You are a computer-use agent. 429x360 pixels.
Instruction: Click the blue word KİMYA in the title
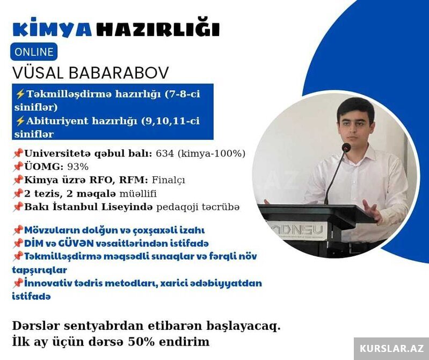(x=52, y=27)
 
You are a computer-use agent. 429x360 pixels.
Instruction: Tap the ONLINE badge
(x=34, y=52)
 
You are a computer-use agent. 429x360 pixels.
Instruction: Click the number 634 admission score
(x=165, y=154)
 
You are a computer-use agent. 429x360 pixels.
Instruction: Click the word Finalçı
(x=168, y=180)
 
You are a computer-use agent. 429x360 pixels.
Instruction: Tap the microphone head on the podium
(x=346, y=147)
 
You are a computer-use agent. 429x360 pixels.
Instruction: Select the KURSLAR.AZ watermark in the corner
(x=391, y=349)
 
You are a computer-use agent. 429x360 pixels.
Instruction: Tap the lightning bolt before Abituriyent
(x=20, y=121)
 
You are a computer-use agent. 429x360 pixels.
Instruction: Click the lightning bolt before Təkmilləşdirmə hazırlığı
(x=20, y=94)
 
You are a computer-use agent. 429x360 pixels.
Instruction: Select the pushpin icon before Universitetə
(x=18, y=153)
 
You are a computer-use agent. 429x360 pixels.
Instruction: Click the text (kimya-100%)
(x=211, y=154)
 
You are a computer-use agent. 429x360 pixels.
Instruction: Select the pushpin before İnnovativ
(x=18, y=283)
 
